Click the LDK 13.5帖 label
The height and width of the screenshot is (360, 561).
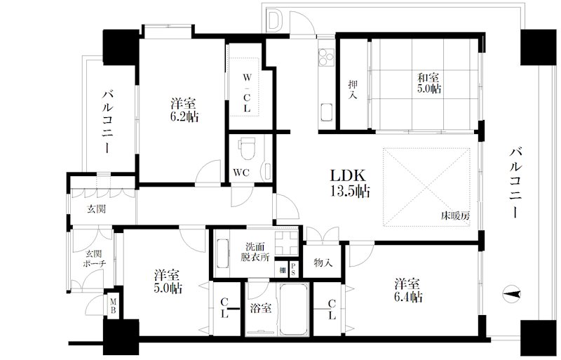(349, 183)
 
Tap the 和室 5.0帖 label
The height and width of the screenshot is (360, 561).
(428, 83)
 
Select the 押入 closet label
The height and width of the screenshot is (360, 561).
(353, 90)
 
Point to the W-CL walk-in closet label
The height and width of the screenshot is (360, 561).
(247, 93)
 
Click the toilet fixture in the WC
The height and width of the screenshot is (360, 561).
(248, 148)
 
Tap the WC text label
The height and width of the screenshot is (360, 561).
(241, 173)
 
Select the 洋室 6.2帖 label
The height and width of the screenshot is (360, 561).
(184, 110)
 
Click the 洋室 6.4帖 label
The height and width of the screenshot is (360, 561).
(408, 291)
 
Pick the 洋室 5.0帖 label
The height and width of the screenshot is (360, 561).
(168, 281)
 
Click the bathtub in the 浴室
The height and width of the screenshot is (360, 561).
(294, 309)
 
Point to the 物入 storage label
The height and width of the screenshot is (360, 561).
(323, 263)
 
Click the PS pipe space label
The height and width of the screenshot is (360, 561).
(293, 269)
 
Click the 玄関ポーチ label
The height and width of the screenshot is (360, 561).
(94, 259)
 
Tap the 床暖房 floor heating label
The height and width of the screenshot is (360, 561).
(455, 215)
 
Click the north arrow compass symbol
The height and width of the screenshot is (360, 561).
(512, 295)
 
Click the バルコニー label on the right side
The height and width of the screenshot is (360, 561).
(515, 182)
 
